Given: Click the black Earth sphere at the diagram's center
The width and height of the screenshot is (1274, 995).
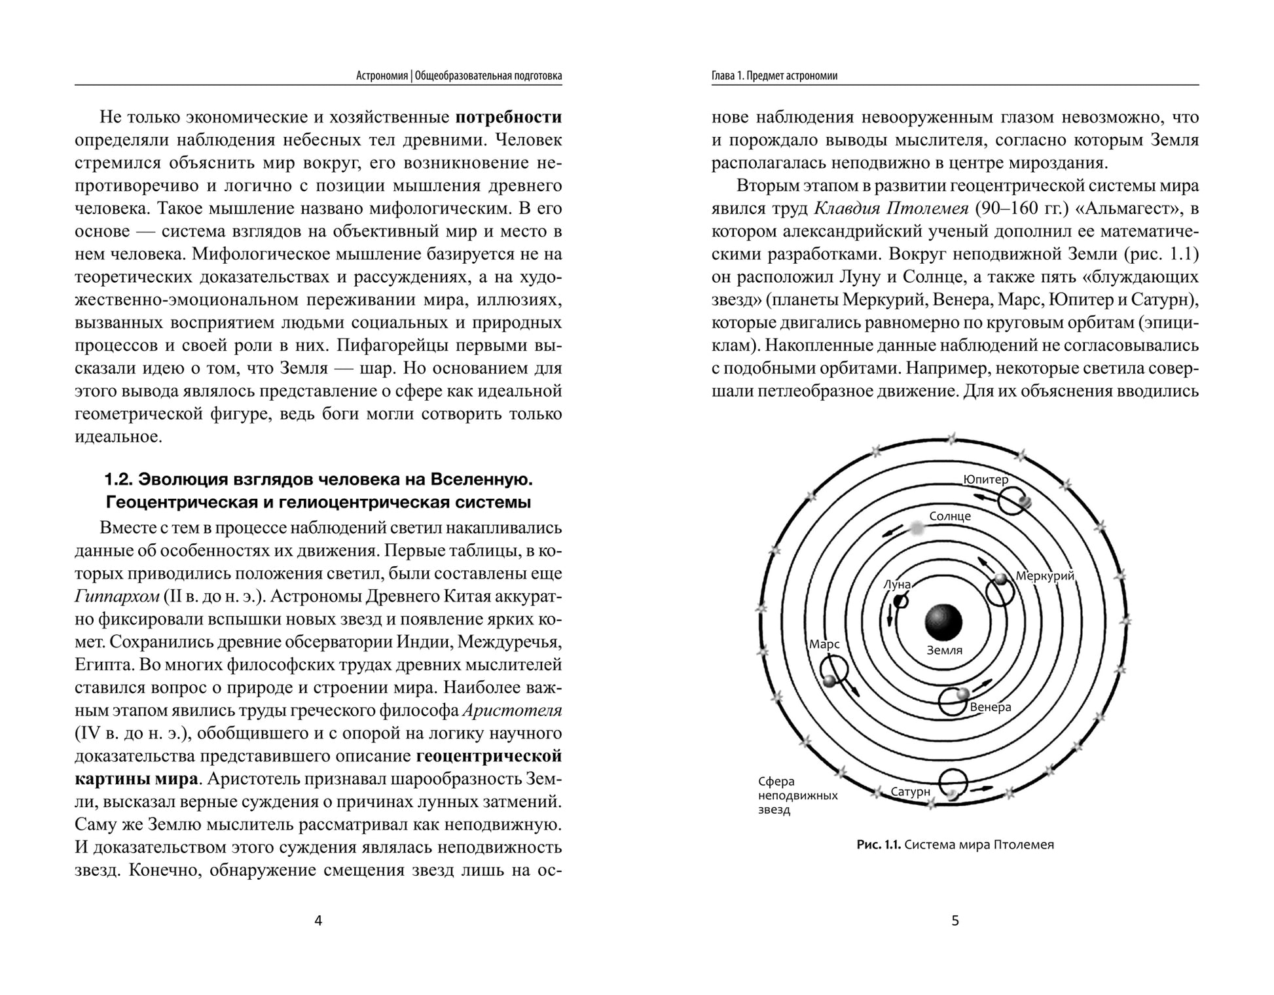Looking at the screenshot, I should click(x=943, y=622).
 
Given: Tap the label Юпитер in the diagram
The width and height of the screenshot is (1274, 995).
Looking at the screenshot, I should click(x=985, y=479).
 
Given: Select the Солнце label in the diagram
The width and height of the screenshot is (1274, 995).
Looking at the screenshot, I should click(x=949, y=516).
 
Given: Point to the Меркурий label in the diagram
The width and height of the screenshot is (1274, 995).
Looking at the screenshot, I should click(x=1045, y=576).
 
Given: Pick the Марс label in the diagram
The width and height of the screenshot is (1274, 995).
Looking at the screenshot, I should click(x=824, y=644).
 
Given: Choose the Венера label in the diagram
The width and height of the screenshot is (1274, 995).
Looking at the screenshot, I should click(x=991, y=707).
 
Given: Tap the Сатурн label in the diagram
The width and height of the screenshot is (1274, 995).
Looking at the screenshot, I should click(x=910, y=791).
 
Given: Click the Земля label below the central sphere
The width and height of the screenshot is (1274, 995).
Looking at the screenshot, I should click(x=945, y=651).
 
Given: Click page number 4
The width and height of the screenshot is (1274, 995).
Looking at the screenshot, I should click(x=318, y=921).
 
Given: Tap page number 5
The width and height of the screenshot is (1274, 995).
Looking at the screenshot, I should click(x=955, y=921).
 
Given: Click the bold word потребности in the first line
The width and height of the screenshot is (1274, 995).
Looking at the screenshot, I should click(x=508, y=117).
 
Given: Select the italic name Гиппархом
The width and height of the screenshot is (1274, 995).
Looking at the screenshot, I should click(x=117, y=596).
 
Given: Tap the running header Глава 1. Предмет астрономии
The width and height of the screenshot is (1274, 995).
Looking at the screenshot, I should click(x=774, y=76).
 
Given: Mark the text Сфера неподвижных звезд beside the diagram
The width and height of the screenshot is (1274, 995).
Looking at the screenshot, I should click(x=797, y=795).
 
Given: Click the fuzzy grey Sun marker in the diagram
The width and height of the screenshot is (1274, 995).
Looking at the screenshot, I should click(x=917, y=528).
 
